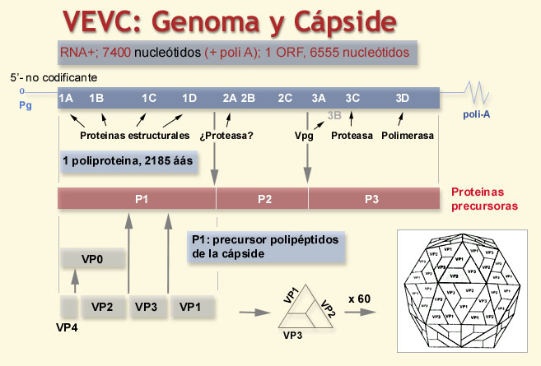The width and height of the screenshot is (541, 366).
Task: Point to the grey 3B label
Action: click(x=334, y=117)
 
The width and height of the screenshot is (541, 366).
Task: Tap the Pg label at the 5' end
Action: click(x=25, y=105)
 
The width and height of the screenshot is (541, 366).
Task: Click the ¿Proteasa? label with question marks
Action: click(x=224, y=135)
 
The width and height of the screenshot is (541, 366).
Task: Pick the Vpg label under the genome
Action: click(x=303, y=135)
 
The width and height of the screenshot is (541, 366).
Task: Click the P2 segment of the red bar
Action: click(x=264, y=198)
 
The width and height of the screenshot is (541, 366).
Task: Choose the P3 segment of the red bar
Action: click(x=372, y=198)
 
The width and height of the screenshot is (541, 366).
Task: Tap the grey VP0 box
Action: click(x=92, y=259)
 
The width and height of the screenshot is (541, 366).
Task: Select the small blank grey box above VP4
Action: click(x=69, y=307)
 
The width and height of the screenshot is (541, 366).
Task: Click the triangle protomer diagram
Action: click(x=306, y=310)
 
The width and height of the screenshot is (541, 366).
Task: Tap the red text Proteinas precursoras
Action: click(x=484, y=198)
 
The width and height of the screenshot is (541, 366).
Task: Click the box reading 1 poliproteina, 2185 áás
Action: click(x=128, y=161)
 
